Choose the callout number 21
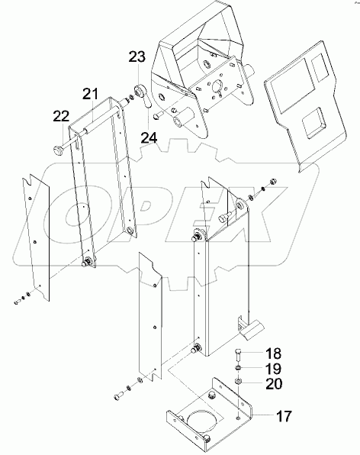[x=91, y=94]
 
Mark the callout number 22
[x=61, y=115]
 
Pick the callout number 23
[x=137, y=57]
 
